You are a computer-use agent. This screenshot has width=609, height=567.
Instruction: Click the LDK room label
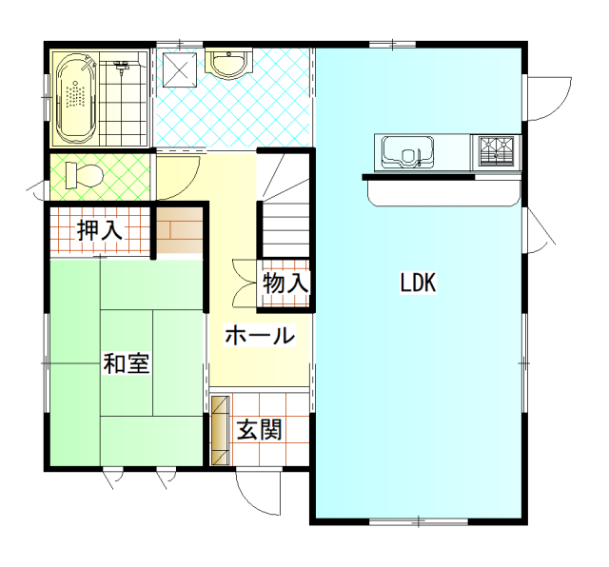(418, 283)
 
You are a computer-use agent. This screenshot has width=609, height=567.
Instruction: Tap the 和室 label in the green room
(127, 363)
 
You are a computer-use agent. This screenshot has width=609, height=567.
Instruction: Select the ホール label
(260, 335)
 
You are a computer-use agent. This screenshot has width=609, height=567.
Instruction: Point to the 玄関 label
(260, 429)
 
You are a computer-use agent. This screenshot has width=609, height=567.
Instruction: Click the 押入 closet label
(99, 230)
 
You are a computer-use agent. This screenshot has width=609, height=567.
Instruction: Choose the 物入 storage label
(285, 283)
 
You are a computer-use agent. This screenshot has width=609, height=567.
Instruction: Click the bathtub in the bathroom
(76, 98)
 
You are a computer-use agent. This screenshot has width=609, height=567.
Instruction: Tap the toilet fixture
(84, 176)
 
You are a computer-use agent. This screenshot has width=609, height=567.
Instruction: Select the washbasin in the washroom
(228, 64)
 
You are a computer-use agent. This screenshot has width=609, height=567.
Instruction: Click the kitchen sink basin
(407, 151)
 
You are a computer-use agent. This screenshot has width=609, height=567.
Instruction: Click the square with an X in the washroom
(180, 70)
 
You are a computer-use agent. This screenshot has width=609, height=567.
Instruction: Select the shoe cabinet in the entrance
(220, 430)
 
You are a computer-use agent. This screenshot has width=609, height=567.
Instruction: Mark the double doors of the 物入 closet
(245, 283)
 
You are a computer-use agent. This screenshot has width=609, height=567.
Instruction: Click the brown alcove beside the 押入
(180, 230)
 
